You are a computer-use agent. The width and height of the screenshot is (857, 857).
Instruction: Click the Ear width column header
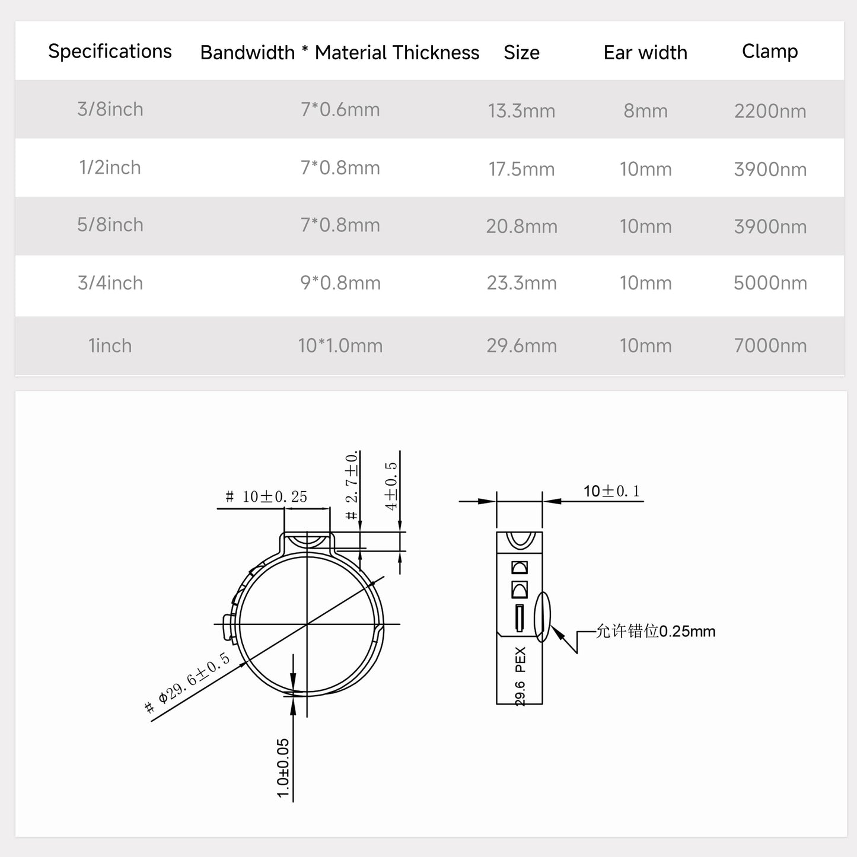pos(645,53)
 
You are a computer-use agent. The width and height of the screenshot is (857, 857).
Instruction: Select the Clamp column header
pos(770,52)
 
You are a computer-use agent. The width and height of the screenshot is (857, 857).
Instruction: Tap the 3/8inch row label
pos(110,110)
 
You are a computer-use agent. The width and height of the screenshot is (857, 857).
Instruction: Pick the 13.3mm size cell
pos(521,111)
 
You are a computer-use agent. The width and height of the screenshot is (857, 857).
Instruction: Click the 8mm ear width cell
pos(645,111)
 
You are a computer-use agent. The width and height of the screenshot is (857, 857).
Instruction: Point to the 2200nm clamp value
pos(770,111)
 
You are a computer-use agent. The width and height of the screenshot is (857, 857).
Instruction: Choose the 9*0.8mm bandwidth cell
pos(340,283)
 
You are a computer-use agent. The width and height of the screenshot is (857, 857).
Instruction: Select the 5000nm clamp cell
pos(770,283)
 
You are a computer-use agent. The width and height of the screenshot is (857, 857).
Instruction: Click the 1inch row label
pos(110,346)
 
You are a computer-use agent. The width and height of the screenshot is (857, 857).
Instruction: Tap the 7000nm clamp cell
pos(770,346)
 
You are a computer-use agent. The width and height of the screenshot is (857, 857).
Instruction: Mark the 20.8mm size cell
pos(521,226)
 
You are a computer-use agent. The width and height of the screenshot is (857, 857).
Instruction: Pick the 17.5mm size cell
pos(521,169)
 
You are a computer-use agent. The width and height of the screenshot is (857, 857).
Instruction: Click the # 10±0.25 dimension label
pos(266,497)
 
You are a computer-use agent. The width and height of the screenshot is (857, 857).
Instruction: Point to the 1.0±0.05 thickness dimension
pos(283,768)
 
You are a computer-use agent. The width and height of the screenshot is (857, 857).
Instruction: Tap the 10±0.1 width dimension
pos(611,491)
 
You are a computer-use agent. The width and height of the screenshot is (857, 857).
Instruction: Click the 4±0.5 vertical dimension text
pos(391,486)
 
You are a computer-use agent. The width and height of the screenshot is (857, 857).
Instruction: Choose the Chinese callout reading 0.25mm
pos(655,631)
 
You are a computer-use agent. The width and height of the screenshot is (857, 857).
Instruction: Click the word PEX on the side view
pos(520,660)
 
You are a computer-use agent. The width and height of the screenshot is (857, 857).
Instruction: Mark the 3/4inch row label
pos(110,283)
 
